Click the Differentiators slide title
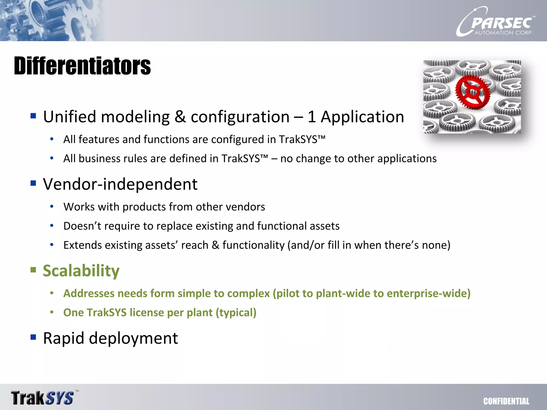pos(82,66)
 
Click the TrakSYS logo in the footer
pos(43,398)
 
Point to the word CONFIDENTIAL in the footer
pos(506,401)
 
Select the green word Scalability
pos(81,271)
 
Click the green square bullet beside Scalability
pos(33,270)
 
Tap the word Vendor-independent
pos(120,184)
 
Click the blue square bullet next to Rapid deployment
pos(33,337)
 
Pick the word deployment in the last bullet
pos(133,338)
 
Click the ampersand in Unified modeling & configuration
pos(180,117)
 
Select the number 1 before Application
pos(311,117)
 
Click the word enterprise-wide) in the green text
pos(428,293)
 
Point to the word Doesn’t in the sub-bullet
pos(82,226)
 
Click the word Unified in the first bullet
pos(69,117)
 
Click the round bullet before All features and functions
pos(52,139)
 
